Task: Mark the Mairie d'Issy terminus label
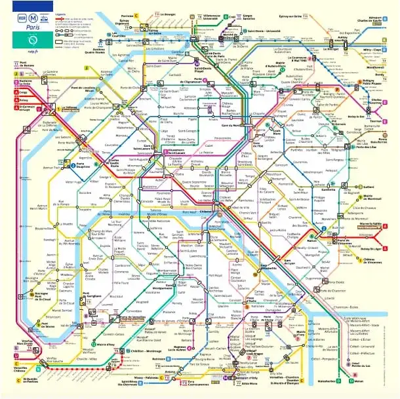point(106,342)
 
